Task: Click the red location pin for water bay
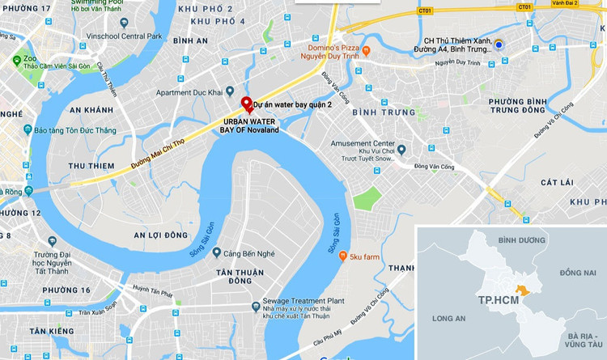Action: point(247,104)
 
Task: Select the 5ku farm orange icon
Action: point(343,256)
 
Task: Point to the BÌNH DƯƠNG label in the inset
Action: point(518,240)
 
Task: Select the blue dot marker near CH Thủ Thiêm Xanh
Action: point(499,44)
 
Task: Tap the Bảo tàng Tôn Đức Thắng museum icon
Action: point(27,129)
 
